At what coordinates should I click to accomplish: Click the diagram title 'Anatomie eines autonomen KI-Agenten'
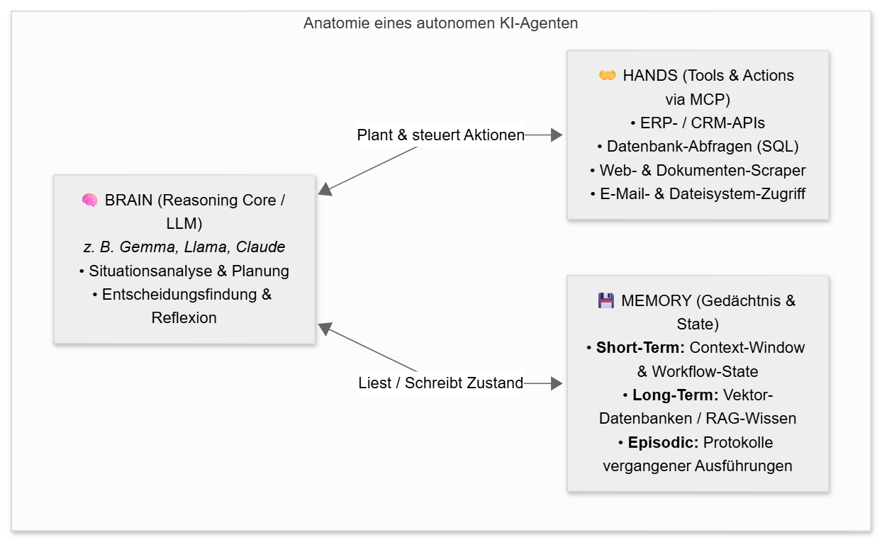tap(440, 23)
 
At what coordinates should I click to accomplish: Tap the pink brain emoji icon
tap(90, 201)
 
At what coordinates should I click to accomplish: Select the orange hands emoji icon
tap(607, 75)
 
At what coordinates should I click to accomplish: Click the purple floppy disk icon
tap(606, 300)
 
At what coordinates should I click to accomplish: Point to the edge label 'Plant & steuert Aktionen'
tap(440, 135)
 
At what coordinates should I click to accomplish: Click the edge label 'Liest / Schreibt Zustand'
tap(440, 383)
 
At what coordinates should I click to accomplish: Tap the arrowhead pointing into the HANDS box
tap(557, 135)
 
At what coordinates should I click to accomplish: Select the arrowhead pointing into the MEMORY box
tap(557, 383)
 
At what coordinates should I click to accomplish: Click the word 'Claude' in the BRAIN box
tap(260, 247)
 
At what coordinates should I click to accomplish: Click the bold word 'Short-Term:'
tap(640, 348)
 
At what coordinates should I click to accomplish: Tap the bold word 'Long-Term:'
tap(675, 395)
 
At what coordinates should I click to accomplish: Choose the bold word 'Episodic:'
tap(663, 442)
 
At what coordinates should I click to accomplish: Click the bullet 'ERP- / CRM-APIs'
tap(698, 123)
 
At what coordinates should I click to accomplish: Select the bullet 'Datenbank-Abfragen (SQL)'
tap(698, 147)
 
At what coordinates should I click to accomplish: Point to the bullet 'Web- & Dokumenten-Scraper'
tap(698, 171)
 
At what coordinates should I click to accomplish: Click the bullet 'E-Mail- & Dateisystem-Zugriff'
tap(698, 194)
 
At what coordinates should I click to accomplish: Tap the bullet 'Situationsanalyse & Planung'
tap(184, 271)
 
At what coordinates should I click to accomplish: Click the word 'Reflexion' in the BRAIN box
tap(184, 318)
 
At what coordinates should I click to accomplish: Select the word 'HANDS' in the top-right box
tap(650, 76)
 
